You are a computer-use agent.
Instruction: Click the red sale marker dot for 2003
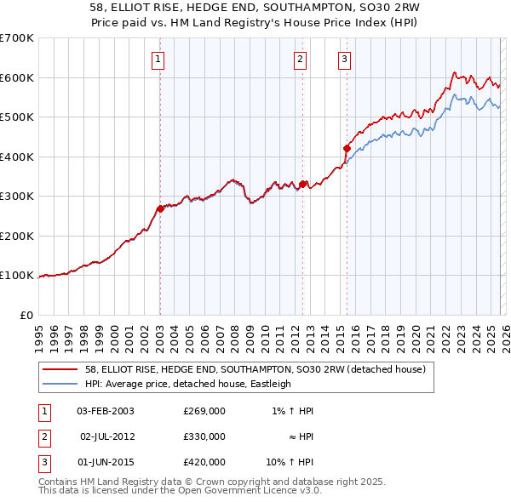point(160,208)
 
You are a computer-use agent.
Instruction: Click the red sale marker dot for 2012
point(302,184)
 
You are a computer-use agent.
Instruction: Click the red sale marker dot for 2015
point(347,148)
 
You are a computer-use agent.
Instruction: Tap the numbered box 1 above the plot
point(159,60)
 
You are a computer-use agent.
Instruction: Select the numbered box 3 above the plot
point(345,60)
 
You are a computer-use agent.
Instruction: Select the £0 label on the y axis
point(27,315)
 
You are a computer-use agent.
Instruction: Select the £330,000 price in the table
point(204,436)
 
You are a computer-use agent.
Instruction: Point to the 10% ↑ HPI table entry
point(290,462)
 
